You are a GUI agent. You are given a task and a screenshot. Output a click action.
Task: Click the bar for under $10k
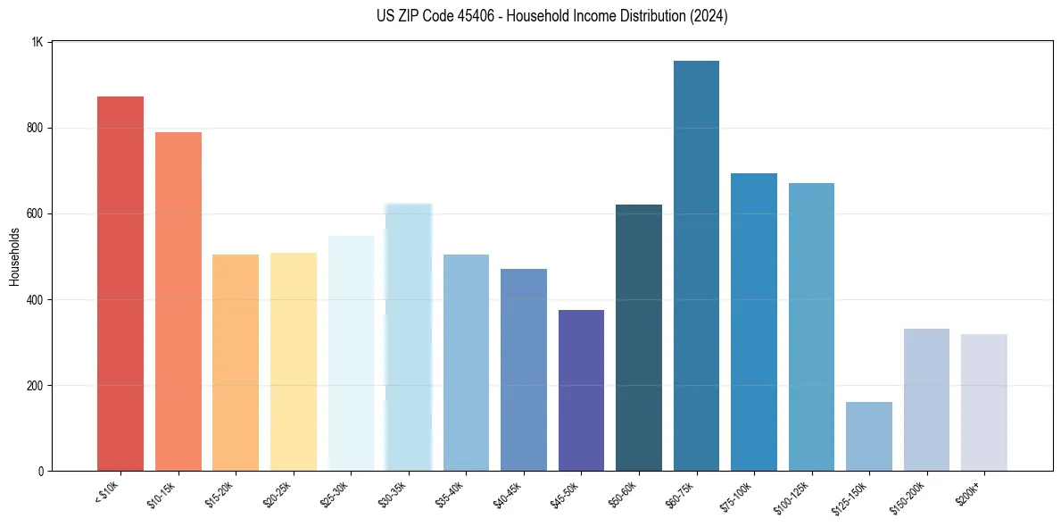tap(120, 283)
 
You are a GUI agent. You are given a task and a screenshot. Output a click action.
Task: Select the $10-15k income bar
tap(178, 301)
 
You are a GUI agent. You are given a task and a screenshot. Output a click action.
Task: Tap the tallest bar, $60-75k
tap(696, 265)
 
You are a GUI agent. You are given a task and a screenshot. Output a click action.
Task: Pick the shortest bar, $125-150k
tap(868, 436)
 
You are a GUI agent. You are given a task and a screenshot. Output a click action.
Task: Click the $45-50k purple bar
tap(581, 390)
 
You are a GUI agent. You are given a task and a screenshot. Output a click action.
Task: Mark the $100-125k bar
tap(811, 327)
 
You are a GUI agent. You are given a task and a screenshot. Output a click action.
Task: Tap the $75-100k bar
tap(754, 322)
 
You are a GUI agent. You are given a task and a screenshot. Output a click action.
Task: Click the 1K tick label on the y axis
tap(37, 42)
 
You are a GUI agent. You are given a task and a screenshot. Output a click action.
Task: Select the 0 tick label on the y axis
tap(41, 471)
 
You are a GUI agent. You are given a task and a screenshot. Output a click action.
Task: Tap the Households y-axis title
tap(14, 256)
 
